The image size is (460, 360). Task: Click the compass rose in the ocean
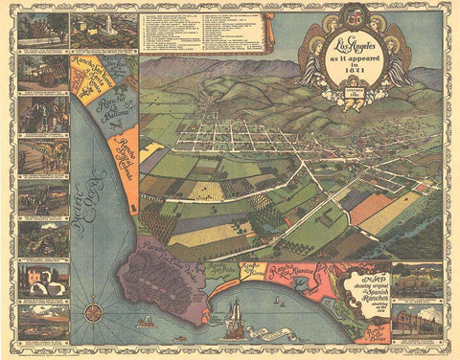pos(94,311)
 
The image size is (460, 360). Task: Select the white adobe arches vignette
pos(42,280)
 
